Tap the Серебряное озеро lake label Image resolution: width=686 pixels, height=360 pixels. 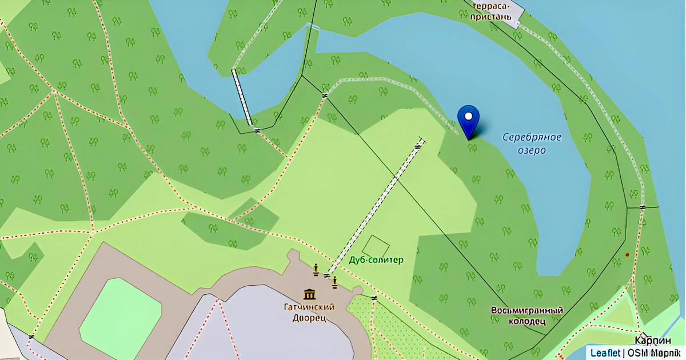pyautogui.click(x=532, y=143)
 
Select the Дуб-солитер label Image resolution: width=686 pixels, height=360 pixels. pyautogui.click(x=376, y=260)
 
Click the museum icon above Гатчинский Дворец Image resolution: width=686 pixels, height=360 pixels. pyautogui.click(x=309, y=294)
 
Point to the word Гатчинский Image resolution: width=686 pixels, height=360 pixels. pyautogui.click(x=309, y=307)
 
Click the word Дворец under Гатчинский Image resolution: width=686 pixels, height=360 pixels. pyautogui.click(x=309, y=318)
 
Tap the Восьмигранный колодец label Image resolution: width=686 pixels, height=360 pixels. pyautogui.click(x=527, y=315)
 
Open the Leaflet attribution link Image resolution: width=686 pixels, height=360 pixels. pyautogui.click(x=604, y=352)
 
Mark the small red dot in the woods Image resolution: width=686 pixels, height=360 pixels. pyautogui.click(x=627, y=255)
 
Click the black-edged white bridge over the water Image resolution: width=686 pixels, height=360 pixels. pyautogui.click(x=242, y=97)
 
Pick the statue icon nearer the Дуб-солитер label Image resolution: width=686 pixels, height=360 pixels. pyautogui.click(x=335, y=281)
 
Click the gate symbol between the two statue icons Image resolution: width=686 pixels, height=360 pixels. pyautogui.click(x=326, y=276)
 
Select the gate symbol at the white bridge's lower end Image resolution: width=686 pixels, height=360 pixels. pyautogui.click(x=257, y=130)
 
